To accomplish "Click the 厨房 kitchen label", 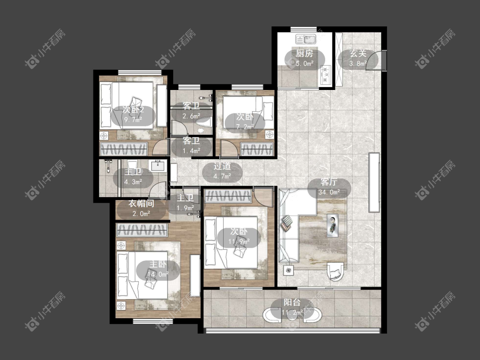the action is (305, 53).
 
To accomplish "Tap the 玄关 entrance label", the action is (358, 53).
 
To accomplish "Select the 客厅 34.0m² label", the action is (329, 187).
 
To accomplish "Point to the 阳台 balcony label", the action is (292, 302).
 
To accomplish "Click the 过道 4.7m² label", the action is (222, 171).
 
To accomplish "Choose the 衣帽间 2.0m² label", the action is (141, 208).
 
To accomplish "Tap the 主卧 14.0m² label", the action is (158, 269).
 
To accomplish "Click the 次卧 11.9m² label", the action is (239, 236).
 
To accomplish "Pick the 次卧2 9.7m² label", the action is (133, 114).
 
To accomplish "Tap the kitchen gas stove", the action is (326, 75).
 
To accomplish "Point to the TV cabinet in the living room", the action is (374, 183).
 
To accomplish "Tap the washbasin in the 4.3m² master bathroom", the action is (158, 166).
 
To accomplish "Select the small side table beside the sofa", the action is (288, 270).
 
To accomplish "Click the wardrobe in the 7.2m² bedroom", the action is (257, 149).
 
